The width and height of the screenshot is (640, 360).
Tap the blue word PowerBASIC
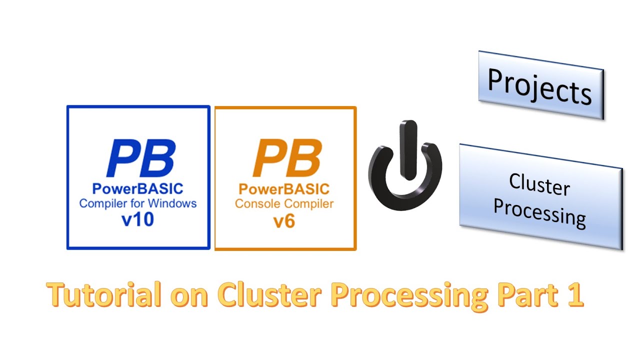click(138, 189)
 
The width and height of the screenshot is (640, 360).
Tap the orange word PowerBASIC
click(284, 189)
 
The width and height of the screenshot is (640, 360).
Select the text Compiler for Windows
click(138, 203)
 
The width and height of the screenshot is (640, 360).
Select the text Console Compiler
click(284, 204)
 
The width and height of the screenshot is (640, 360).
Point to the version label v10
click(137, 220)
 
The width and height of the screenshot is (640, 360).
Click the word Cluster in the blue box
click(539, 185)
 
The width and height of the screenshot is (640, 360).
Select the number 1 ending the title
click(575, 295)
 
